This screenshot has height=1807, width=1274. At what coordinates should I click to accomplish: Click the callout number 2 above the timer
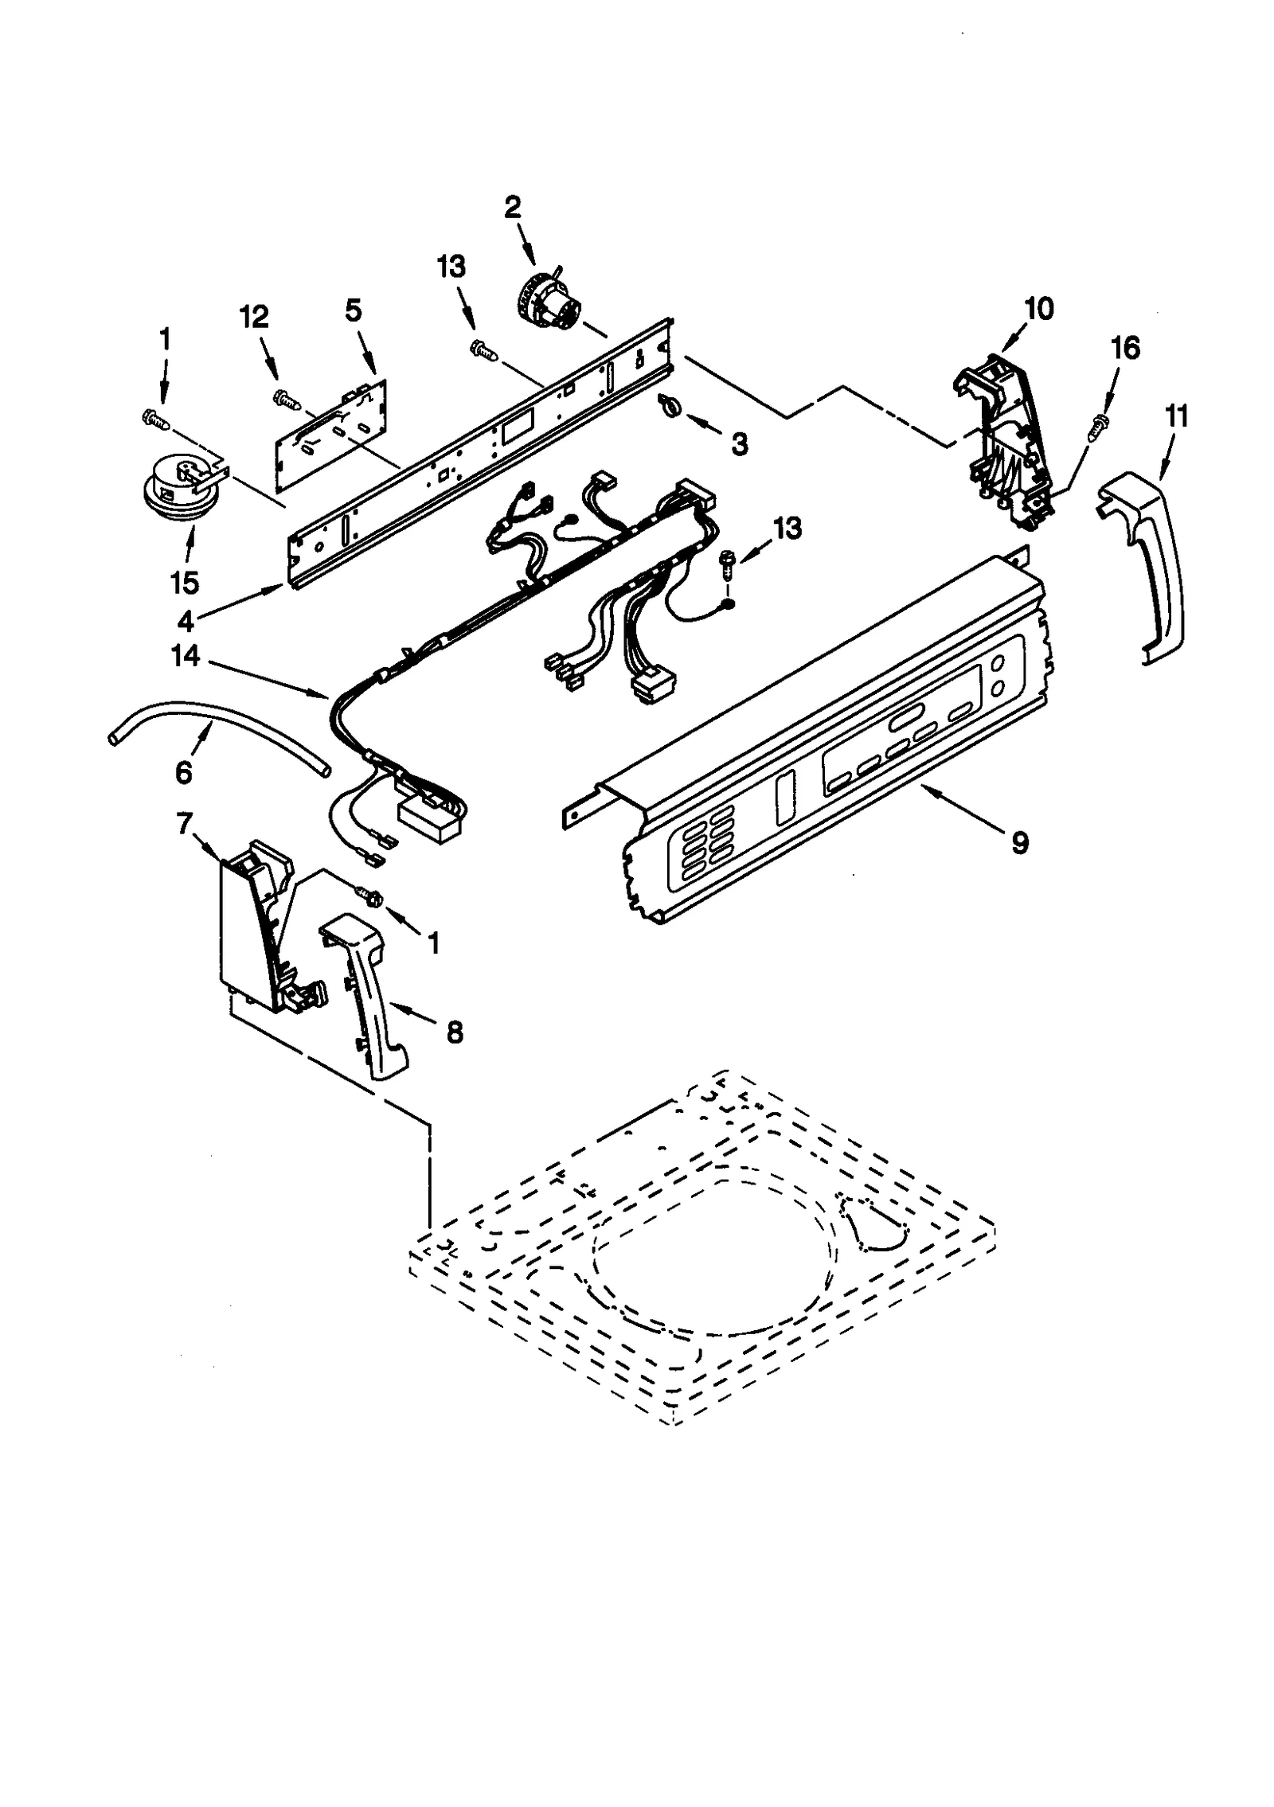coord(512,208)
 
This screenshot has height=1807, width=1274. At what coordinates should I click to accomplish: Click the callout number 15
coord(184,582)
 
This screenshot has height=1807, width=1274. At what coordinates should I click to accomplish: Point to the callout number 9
coord(1020,842)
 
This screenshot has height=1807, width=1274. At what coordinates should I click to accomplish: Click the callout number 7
coord(184,825)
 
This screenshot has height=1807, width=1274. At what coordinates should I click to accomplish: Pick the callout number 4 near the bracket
coord(185,619)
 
